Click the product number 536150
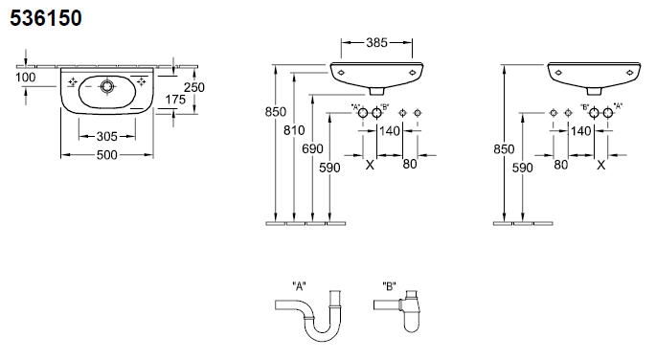click(x=46, y=18)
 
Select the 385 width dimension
click(x=376, y=43)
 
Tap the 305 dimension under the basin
click(x=106, y=136)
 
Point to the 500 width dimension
click(x=106, y=155)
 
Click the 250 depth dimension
click(x=194, y=87)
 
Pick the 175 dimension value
click(x=175, y=100)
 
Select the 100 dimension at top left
click(x=26, y=78)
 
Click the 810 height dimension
click(x=294, y=130)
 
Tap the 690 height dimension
click(x=312, y=148)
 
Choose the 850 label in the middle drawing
click(x=276, y=112)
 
